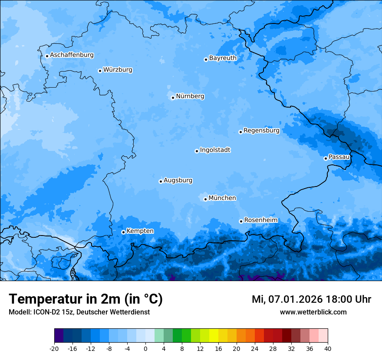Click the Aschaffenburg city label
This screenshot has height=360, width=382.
72,55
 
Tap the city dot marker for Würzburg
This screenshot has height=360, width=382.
100,71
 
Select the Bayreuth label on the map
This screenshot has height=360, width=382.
223,58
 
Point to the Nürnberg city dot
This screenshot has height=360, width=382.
173,98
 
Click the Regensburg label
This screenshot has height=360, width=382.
261,130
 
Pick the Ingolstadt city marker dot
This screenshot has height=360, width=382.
197,151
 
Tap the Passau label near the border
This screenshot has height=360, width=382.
339,157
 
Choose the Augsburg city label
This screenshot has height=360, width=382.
178,180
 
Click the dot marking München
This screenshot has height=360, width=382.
205,199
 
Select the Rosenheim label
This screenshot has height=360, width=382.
260,220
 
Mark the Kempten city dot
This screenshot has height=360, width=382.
123,232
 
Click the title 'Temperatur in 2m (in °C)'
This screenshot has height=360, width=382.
86,299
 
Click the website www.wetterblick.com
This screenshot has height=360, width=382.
313,312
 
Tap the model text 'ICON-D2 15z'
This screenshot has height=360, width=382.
52,312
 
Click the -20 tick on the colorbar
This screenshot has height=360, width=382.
54,348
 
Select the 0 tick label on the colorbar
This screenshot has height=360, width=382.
145,348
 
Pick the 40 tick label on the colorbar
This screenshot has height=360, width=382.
328,348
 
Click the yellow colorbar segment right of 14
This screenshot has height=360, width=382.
214,336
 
